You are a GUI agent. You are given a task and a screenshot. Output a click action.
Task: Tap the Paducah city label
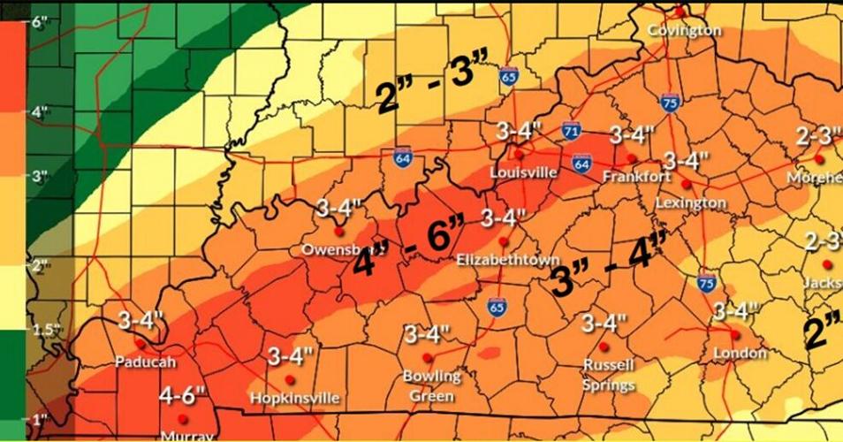pos(146,362)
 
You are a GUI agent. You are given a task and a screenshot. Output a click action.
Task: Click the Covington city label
pos(684,30)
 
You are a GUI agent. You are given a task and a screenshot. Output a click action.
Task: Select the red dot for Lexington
pos(686,184)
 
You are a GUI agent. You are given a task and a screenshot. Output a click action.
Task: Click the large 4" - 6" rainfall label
pos(409,249)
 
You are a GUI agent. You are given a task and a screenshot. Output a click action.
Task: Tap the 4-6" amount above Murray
pos(183,395)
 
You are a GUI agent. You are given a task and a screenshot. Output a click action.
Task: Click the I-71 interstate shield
pos(572,132)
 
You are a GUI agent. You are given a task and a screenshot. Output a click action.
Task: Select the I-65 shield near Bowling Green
pos(497,306)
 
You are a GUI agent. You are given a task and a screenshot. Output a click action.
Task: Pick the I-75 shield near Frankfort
pos(670,103)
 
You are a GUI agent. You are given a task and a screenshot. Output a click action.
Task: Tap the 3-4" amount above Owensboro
pos(339,210)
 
